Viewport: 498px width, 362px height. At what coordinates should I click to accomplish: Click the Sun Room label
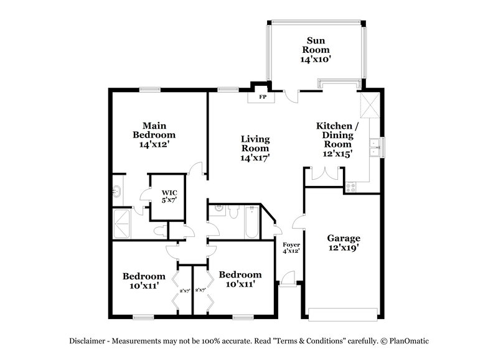pyautogui.click(x=316, y=50)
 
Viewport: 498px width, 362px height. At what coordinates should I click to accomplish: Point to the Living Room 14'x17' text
pyautogui.click(x=255, y=148)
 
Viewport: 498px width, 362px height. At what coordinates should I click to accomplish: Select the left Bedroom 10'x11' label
pyautogui.click(x=144, y=281)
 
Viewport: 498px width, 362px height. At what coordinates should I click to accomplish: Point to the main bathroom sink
pyautogui.click(x=118, y=191)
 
